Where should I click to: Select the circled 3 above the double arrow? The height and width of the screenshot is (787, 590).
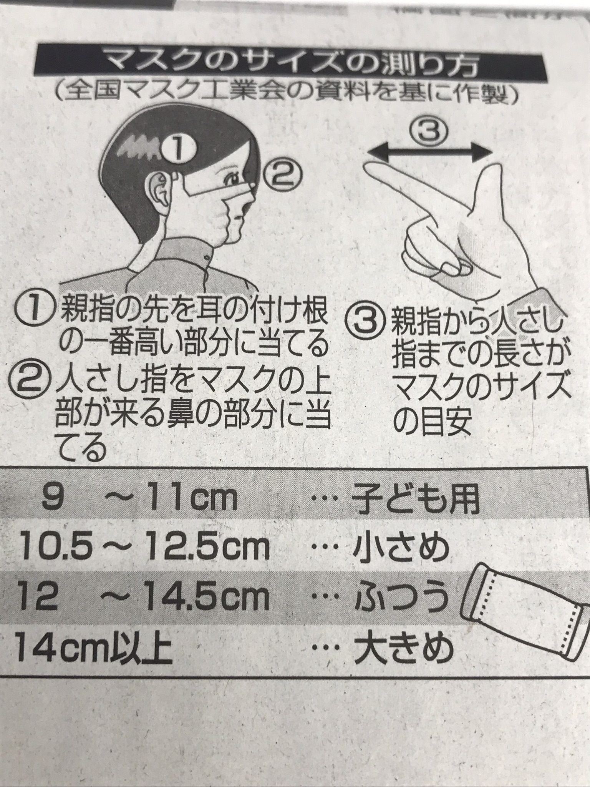coord(429,132)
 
